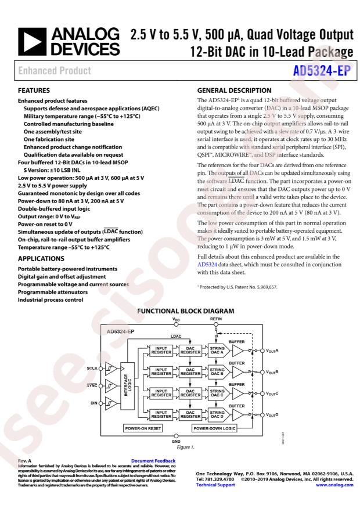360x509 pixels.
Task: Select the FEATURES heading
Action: pyautogui.click(x=34, y=91)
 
